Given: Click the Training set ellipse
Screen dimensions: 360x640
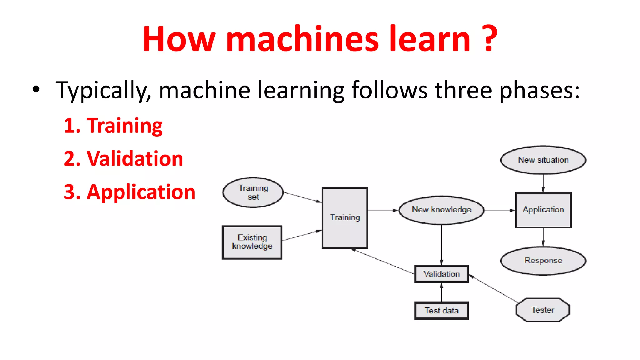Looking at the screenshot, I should click(x=253, y=192).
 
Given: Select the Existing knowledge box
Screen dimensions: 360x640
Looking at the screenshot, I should click(x=252, y=242).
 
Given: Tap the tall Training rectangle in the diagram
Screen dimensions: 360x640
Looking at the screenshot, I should click(x=345, y=218).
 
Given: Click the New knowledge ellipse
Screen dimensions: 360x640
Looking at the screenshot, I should click(x=441, y=210).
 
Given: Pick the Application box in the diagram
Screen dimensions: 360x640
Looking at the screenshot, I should click(x=543, y=210).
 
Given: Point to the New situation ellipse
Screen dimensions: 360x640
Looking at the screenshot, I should click(x=543, y=160).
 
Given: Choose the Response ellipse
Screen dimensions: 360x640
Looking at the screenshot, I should click(x=543, y=261).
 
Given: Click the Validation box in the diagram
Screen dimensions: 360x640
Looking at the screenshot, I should click(x=441, y=274).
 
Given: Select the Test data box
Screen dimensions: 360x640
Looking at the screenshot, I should click(x=441, y=311).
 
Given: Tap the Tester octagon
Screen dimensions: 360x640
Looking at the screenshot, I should click(x=543, y=310).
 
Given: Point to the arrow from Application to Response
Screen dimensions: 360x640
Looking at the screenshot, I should click(x=543, y=237).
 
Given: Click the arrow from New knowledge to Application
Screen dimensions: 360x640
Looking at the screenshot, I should click(x=500, y=210).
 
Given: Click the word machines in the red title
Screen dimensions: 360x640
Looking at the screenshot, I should click(x=302, y=39).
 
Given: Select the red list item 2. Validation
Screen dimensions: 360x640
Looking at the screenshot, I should click(x=123, y=158).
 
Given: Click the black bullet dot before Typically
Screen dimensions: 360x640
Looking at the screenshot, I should click(x=36, y=89).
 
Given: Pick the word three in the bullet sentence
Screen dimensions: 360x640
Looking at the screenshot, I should click(x=464, y=90).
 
